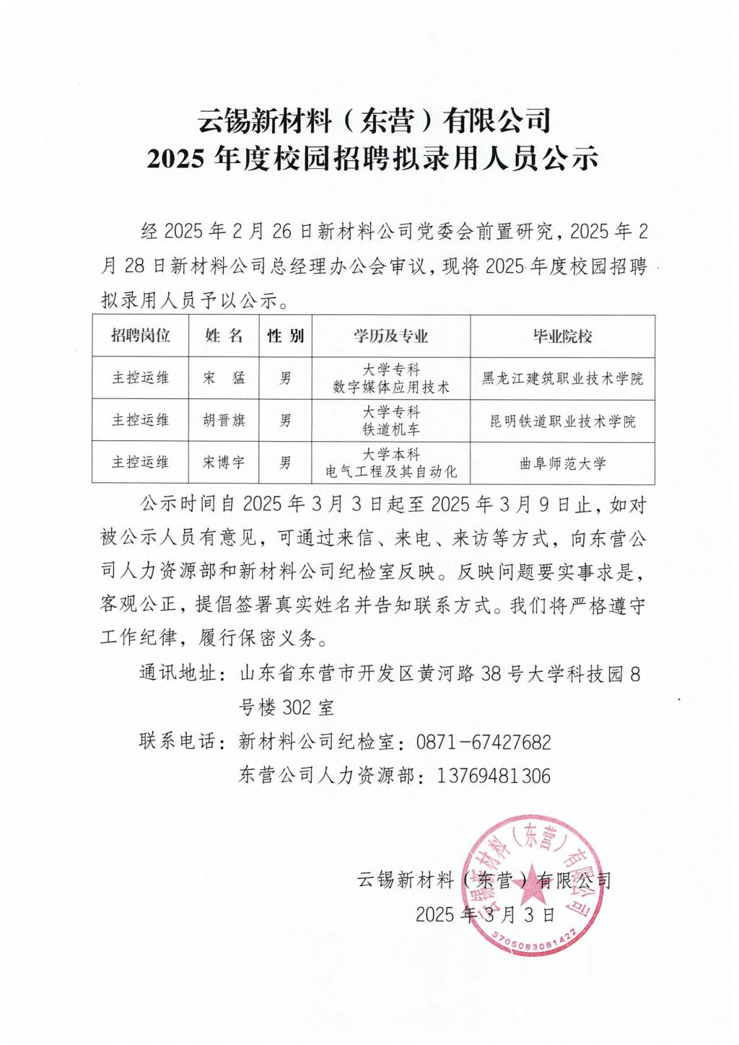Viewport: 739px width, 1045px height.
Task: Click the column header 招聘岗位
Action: (141, 336)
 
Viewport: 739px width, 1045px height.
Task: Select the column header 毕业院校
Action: (562, 336)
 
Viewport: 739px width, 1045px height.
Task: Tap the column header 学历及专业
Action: (390, 336)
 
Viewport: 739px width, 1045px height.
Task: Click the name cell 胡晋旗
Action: (224, 420)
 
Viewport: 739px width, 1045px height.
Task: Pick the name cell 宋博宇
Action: (224, 463)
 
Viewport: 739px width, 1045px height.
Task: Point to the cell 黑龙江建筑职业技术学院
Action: (562, 378)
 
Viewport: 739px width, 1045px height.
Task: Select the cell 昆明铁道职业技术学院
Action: (562, 421)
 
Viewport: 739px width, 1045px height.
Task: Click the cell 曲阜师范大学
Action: (562, 463)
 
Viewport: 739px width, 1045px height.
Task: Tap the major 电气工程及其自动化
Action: (390, 472)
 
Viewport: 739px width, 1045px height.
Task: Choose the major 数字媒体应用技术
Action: (390, 387)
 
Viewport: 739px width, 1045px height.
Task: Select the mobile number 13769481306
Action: (494, 776)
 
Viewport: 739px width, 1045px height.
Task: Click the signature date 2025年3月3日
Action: (486, 915)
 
